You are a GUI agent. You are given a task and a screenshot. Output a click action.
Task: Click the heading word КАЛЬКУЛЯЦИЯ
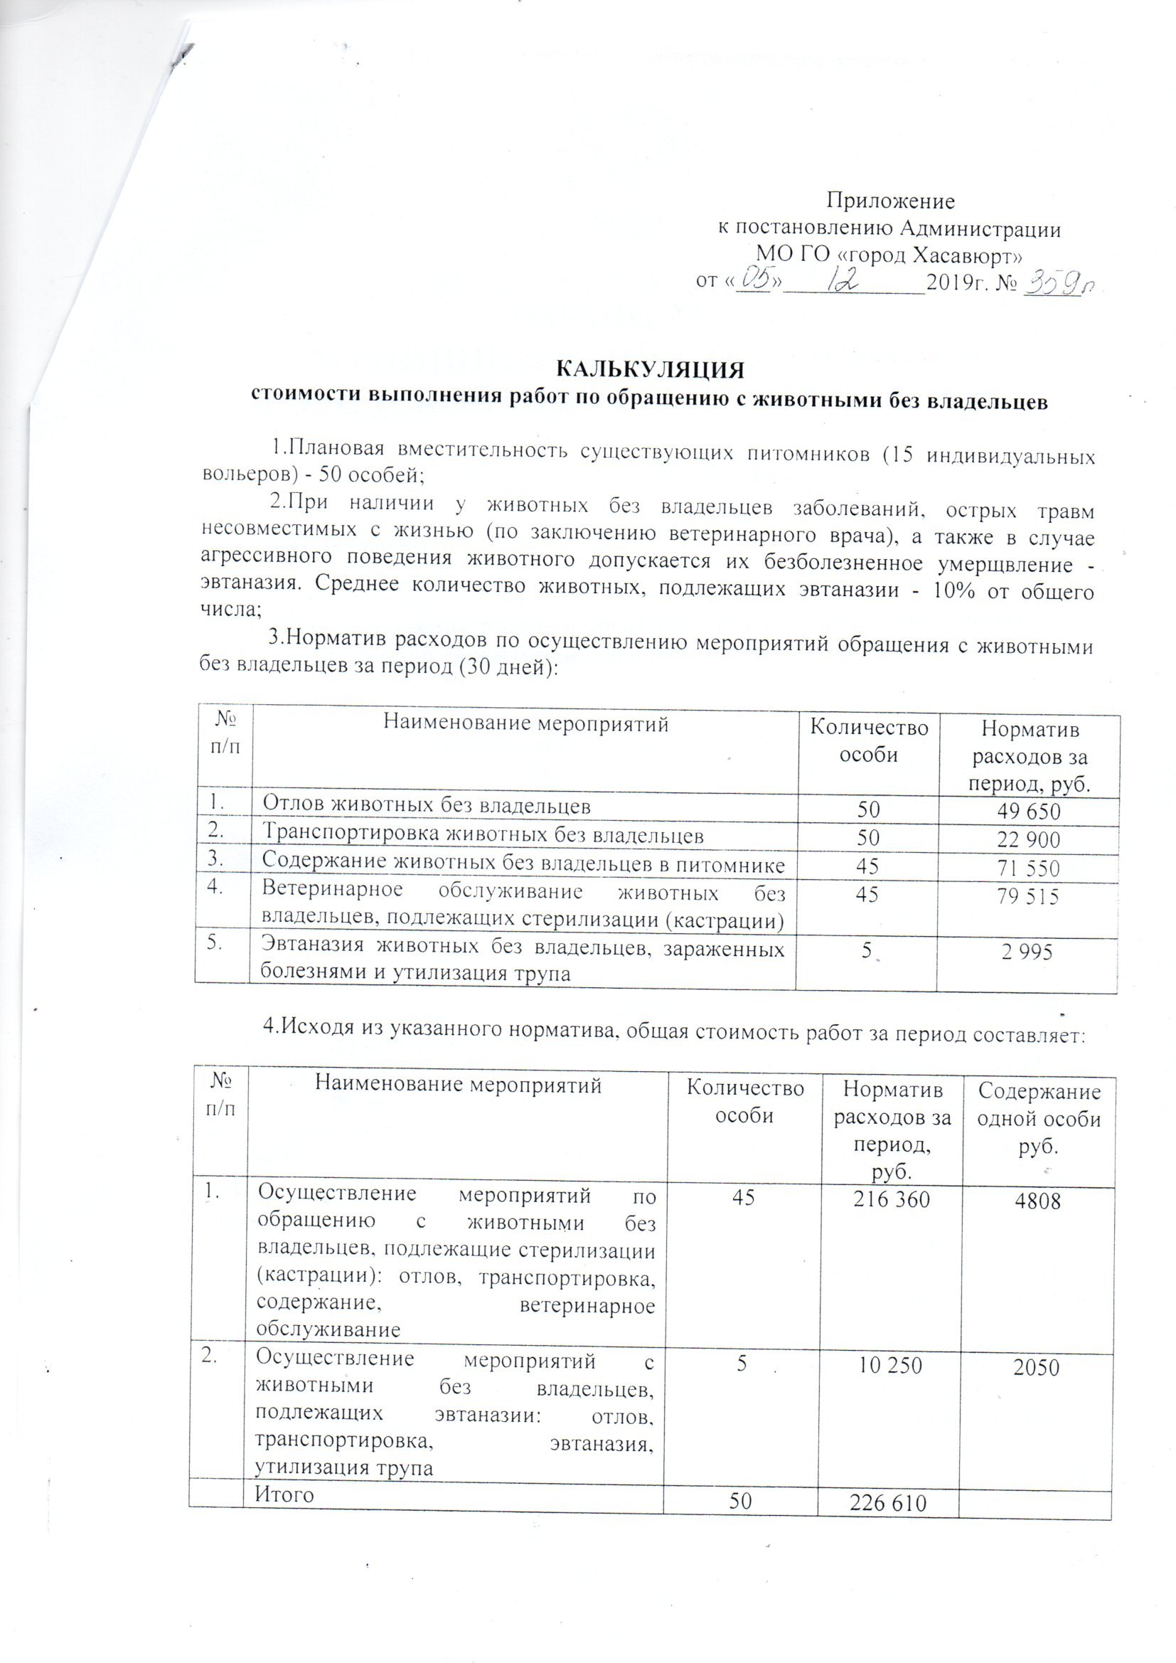pos(650,368)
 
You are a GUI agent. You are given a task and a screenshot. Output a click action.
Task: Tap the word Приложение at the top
pos(892,200)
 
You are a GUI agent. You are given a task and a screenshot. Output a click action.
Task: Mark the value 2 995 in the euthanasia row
pos(1025,953)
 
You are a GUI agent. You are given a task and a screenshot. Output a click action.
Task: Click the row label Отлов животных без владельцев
pos(427,804)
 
